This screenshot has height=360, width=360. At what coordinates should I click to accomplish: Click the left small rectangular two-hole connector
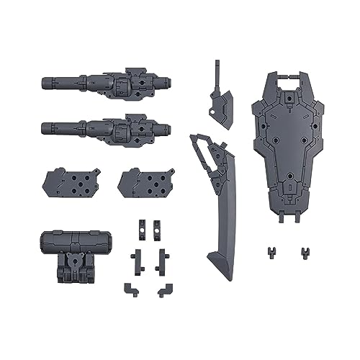(x=140, y=226)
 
